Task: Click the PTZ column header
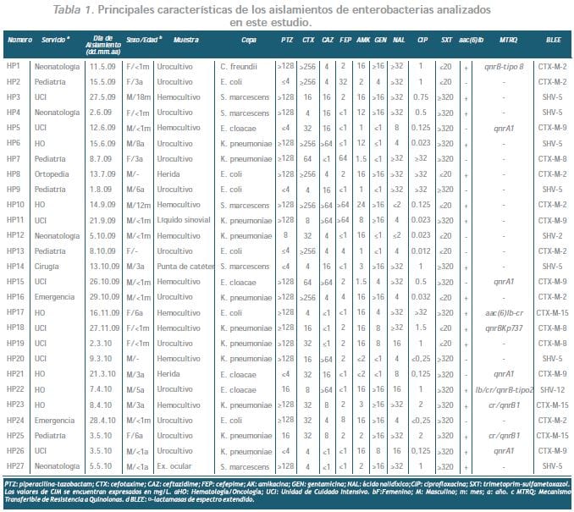tap(288, 40)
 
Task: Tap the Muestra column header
tap(186, 40)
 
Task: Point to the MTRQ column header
tap(509, 40)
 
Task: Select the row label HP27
tap(14, 465)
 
